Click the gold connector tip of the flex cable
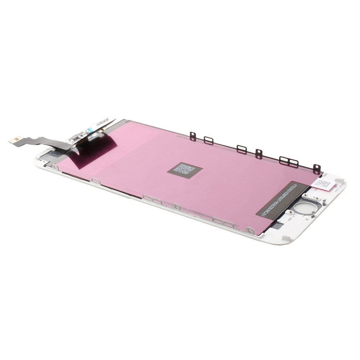point(14,140)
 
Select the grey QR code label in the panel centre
point(185,169)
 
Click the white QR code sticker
point(323,184)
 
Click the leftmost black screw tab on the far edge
point(193,136)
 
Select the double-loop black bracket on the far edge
point(289,162)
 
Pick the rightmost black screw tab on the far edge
point(316,168)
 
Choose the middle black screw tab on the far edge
point(259,154)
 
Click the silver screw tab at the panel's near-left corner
point(55,167)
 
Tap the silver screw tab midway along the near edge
point(176,207)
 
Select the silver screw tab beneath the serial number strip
point(249,229)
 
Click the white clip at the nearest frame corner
point(286,238)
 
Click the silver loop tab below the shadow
point(95,180)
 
